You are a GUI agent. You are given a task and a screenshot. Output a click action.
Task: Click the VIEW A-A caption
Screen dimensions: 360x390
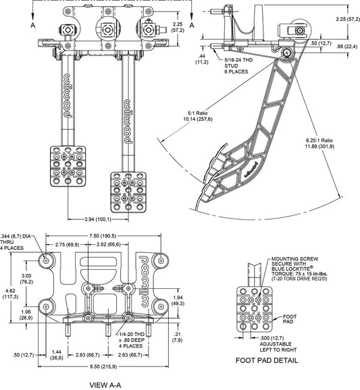105,385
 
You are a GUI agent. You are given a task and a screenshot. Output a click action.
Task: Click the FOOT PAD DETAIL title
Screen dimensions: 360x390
267,360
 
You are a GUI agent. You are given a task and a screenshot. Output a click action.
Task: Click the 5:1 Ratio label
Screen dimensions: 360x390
198,113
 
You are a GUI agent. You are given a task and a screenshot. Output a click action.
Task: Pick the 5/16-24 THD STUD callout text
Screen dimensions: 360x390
236,66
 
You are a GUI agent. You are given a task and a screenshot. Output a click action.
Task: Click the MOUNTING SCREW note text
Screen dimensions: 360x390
299,269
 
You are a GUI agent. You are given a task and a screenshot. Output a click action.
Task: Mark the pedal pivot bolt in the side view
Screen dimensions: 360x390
287,53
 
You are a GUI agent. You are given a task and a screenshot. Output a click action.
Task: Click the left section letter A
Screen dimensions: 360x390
33,25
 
